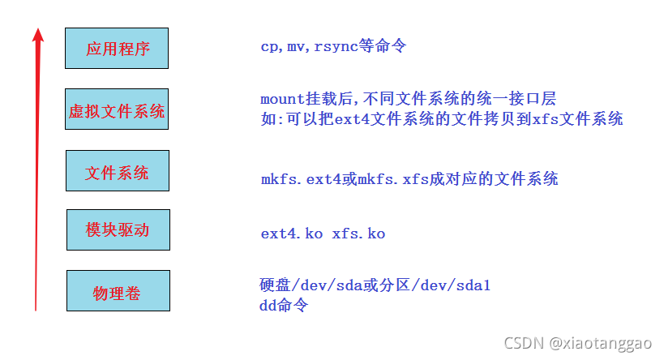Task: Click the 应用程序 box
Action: [x=118, y=49]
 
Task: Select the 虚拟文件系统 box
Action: [x=117, y=110]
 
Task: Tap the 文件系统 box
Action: [x=118, y=171]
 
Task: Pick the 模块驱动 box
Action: [x=118, y=229]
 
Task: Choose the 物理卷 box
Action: [x=118, y=291]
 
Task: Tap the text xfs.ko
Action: [x=358, y=234]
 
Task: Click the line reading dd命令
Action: [x=284, y=305]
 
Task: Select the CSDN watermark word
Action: [x=523, y=342]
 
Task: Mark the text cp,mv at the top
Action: [x=281, y=46]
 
